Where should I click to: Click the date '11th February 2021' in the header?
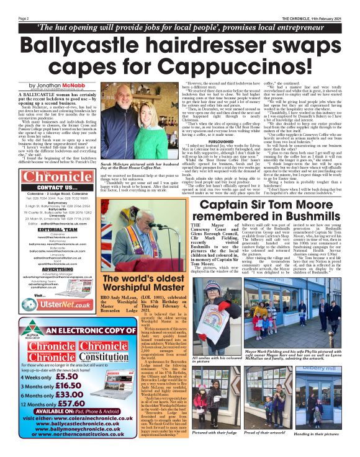(x=328, y=18)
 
